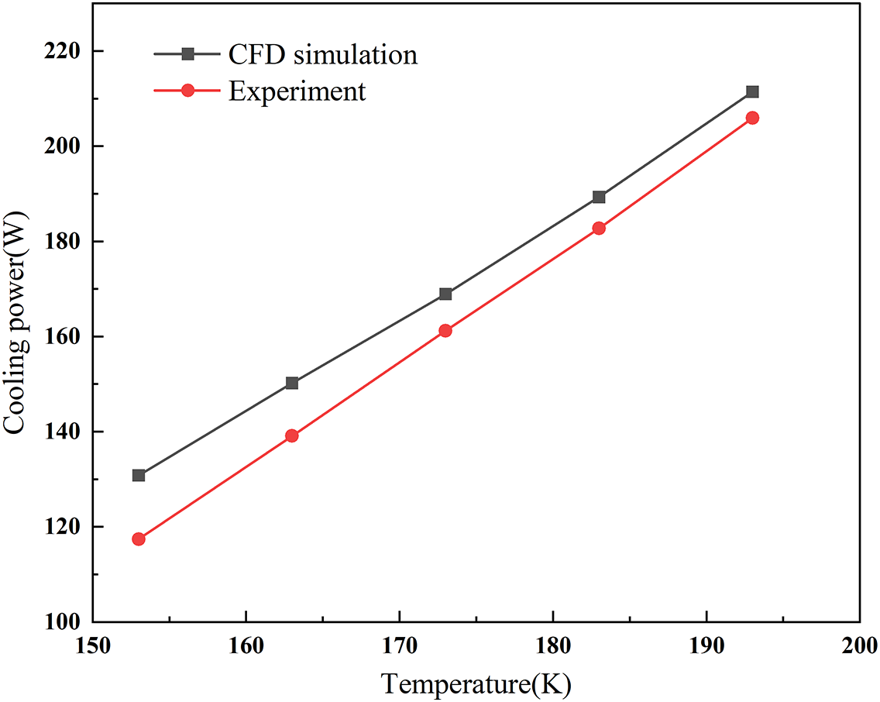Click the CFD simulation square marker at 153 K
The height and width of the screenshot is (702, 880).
pyautogui.click(x=139, y=475)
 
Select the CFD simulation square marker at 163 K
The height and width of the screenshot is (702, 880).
pyautogui.click(x=292, y=383)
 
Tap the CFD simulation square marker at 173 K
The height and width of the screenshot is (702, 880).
pyautogui.click(x=445, y=294)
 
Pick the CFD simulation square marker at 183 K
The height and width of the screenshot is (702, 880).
pyautogui.click(x=599, y=197)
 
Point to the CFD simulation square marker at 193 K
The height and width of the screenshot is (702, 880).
pyautogui.click(x=752, y=91)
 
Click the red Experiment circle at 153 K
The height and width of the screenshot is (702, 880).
pyautogui.click(x=139, y=539)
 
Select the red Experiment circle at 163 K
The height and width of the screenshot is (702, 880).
pyautogui.click(x=292, y=435)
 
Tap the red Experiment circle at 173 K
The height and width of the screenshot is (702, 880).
pyautogui.click(x=445, y=330)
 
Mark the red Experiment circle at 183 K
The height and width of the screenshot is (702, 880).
pyautogui.click(x=599, y=228)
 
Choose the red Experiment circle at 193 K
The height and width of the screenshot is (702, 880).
pyautogui.click(x=752, y=118)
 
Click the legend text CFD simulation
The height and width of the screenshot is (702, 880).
pyautogui.click(x=322, y=54)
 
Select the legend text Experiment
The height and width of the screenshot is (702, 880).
pyautogui.click(x=297, y=91)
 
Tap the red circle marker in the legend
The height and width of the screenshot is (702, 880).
pyautogui.click(x=187, y=91)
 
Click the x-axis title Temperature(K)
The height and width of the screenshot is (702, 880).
pyautogui.click(x=476, y=684)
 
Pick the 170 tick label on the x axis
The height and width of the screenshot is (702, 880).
pyautogui.click(x=399, y=645)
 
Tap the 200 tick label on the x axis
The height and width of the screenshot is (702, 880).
pyautogui.click(x=859, y=645)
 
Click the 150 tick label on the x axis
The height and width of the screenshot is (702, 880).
pyautogui.click(x=92, y=645)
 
